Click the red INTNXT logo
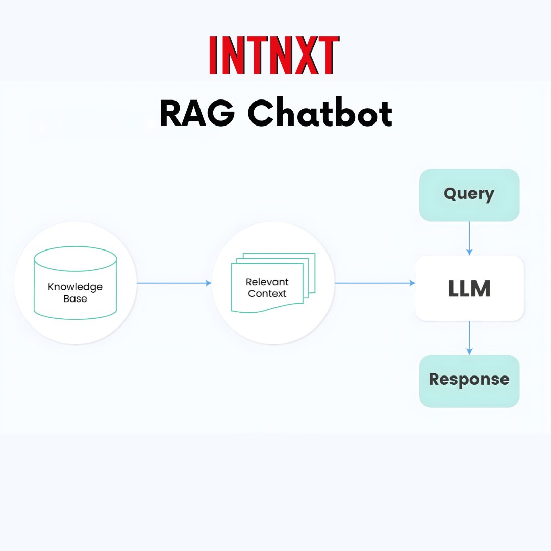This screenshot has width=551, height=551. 274,56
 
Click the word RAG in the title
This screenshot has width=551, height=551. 196,113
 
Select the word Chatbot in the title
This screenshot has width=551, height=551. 320,113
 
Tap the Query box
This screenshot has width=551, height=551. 469,195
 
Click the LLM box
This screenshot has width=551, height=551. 469,289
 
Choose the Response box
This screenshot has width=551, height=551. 469,380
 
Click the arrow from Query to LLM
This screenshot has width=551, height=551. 469,238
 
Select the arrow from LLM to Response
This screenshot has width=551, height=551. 469,337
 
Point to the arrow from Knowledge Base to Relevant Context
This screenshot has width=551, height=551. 173,283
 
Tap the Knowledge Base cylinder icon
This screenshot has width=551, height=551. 75,283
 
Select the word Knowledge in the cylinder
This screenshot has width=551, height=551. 75,287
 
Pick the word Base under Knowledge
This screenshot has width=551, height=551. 75,299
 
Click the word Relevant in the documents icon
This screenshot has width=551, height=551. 267,282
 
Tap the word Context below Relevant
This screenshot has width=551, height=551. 267,294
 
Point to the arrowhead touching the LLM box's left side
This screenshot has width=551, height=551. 412,283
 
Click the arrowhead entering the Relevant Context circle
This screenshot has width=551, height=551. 208,283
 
